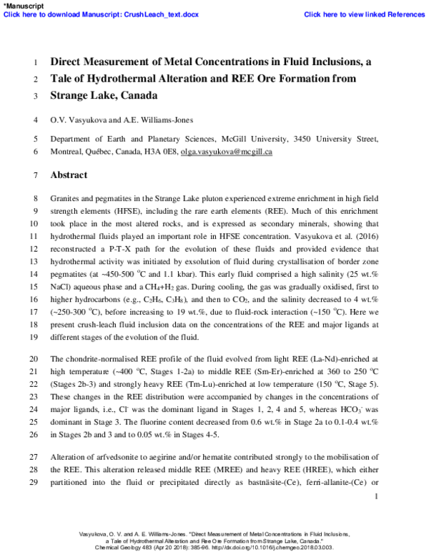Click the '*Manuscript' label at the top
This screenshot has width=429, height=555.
click(x=23, y=5)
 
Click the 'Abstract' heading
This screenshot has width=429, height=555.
click(x=69, y=175)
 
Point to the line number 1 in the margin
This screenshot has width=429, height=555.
click(x=36, y=62)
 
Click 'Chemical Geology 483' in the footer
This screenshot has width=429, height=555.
click(x=129, y=547)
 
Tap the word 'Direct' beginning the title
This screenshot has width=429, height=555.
click(x=66, y=62)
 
